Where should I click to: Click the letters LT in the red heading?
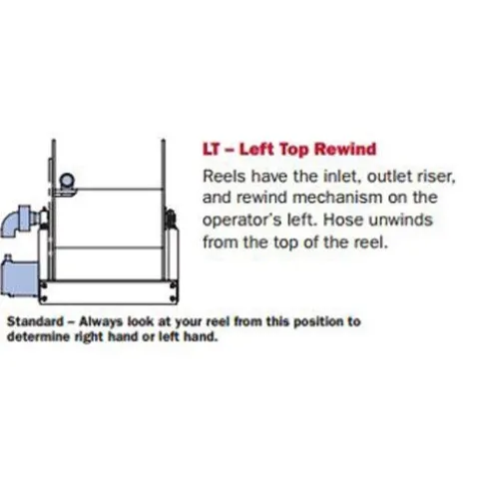[x=212, y=149]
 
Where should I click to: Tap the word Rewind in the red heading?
[x=345, y=149]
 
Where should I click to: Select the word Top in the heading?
[x=294, y=150]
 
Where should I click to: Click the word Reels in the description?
[x=224, y=176]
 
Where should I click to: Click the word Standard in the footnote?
[x=35, y=321]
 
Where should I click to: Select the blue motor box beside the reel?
[x=19, y=276]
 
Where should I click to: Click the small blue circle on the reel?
[x=67, y=181]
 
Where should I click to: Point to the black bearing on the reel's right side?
[x=171, y=219]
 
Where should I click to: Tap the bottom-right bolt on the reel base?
[x=174, y=298]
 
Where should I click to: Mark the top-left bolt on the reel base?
[x=44, y=285]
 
